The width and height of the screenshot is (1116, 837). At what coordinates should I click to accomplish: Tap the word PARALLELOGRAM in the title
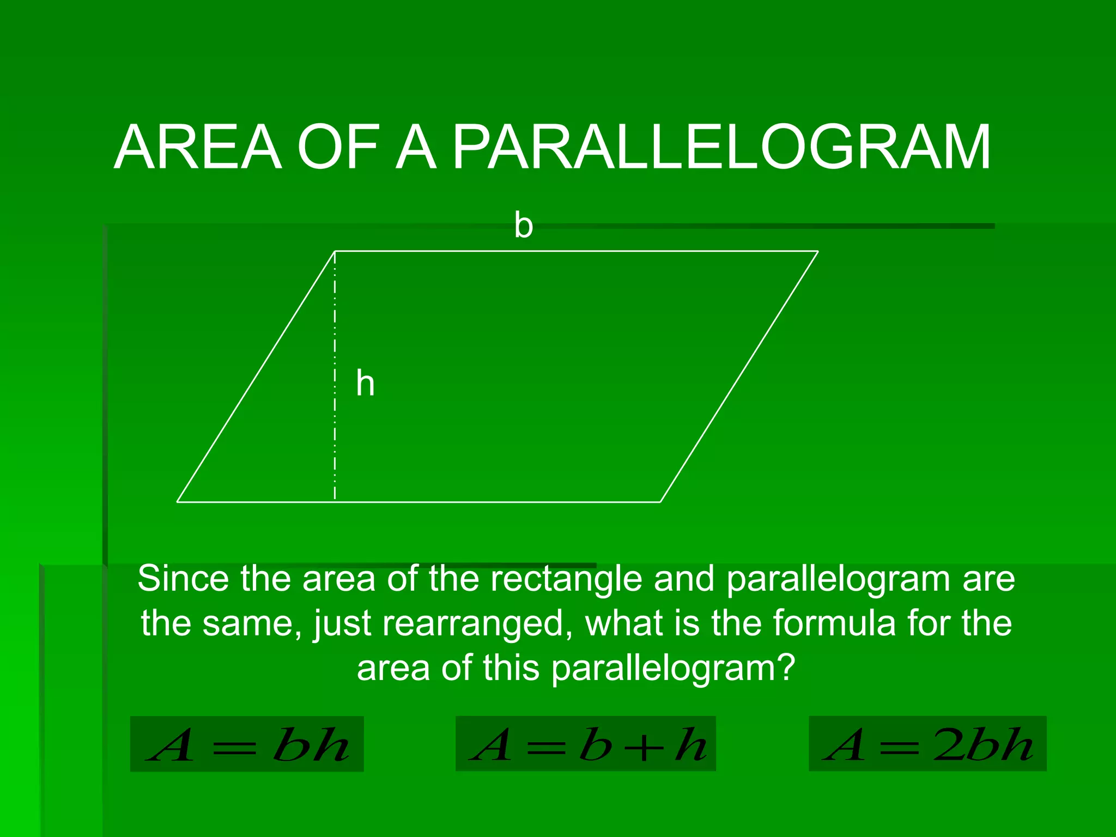(721, 147)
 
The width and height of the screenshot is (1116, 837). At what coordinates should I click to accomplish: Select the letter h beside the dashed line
(365, 383)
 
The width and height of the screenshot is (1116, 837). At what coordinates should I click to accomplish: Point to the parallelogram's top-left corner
(335, 251)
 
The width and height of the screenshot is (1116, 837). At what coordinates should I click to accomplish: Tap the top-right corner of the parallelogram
(818, 251)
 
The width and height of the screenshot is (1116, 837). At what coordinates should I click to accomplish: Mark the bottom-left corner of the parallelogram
(178, 501)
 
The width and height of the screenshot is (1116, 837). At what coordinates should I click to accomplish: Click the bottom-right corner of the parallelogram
(660, 501)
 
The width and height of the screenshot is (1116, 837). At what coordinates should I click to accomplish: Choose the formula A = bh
(247, 744)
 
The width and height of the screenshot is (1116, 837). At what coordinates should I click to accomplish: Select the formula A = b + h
(586, 744)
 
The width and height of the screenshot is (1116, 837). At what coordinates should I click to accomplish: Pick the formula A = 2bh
(927, 744)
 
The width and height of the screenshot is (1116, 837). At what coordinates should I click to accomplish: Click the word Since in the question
(183, 578)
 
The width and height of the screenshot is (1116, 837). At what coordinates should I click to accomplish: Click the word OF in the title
(338, 147)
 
